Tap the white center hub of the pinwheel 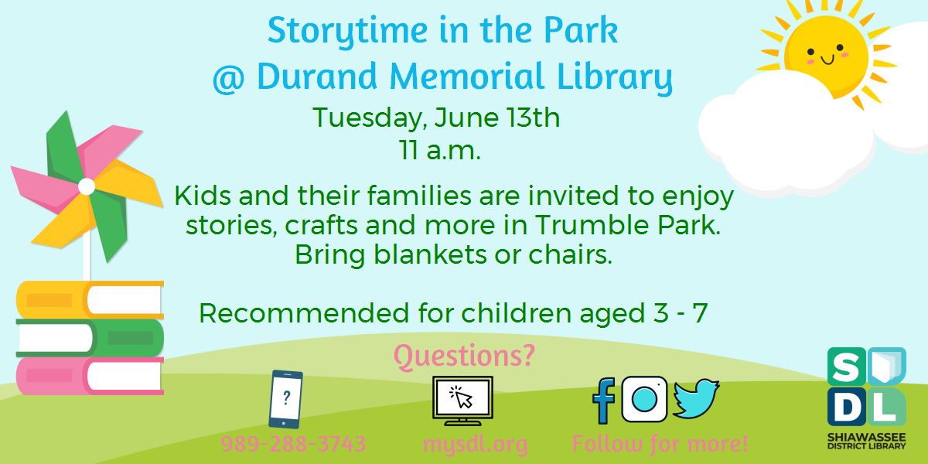(87, 186)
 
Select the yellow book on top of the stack (90, 300)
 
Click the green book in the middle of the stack (90, 337)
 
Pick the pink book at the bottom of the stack (90, 375)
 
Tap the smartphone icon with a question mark (285, 399)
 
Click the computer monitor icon (462, 400)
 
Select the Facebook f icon (603, 401)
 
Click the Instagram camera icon (644, 399)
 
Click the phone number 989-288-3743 (293, 445)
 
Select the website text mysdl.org (475, 445)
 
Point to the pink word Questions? (464, 356)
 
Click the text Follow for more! (660, 445)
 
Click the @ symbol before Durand (229, 78)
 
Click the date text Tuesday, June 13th (436, 119)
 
